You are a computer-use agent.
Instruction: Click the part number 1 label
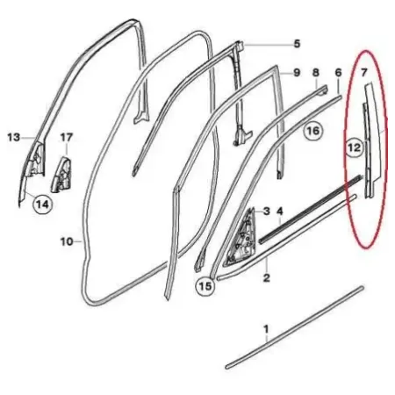click(266, 329)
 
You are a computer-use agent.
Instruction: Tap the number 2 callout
click(266, 277)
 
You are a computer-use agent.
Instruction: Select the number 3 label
click(266, 211)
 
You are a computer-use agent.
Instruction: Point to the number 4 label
click(280, 211)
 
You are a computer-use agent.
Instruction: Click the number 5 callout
click(297, 44)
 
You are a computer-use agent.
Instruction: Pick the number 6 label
click(338, 72)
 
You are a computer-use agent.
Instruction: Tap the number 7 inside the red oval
click(363, 72)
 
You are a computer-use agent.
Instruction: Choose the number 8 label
click(316, 72)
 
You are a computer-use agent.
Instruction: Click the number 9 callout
click(297, 72)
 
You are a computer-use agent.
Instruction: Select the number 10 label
click(67, 241)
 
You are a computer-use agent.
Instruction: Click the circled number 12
click(354, 147)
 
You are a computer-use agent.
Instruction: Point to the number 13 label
click(14, 137)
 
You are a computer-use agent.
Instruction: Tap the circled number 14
click(43, 205)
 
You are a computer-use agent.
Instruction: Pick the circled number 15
click(205, 286)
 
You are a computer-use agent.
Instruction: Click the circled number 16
click(313, 131)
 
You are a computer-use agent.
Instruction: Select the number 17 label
click(67, 137)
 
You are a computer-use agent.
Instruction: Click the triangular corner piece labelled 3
click(241, 237)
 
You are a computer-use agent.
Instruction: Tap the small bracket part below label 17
click(61, 175)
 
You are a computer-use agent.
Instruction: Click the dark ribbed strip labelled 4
click(311, 209)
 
